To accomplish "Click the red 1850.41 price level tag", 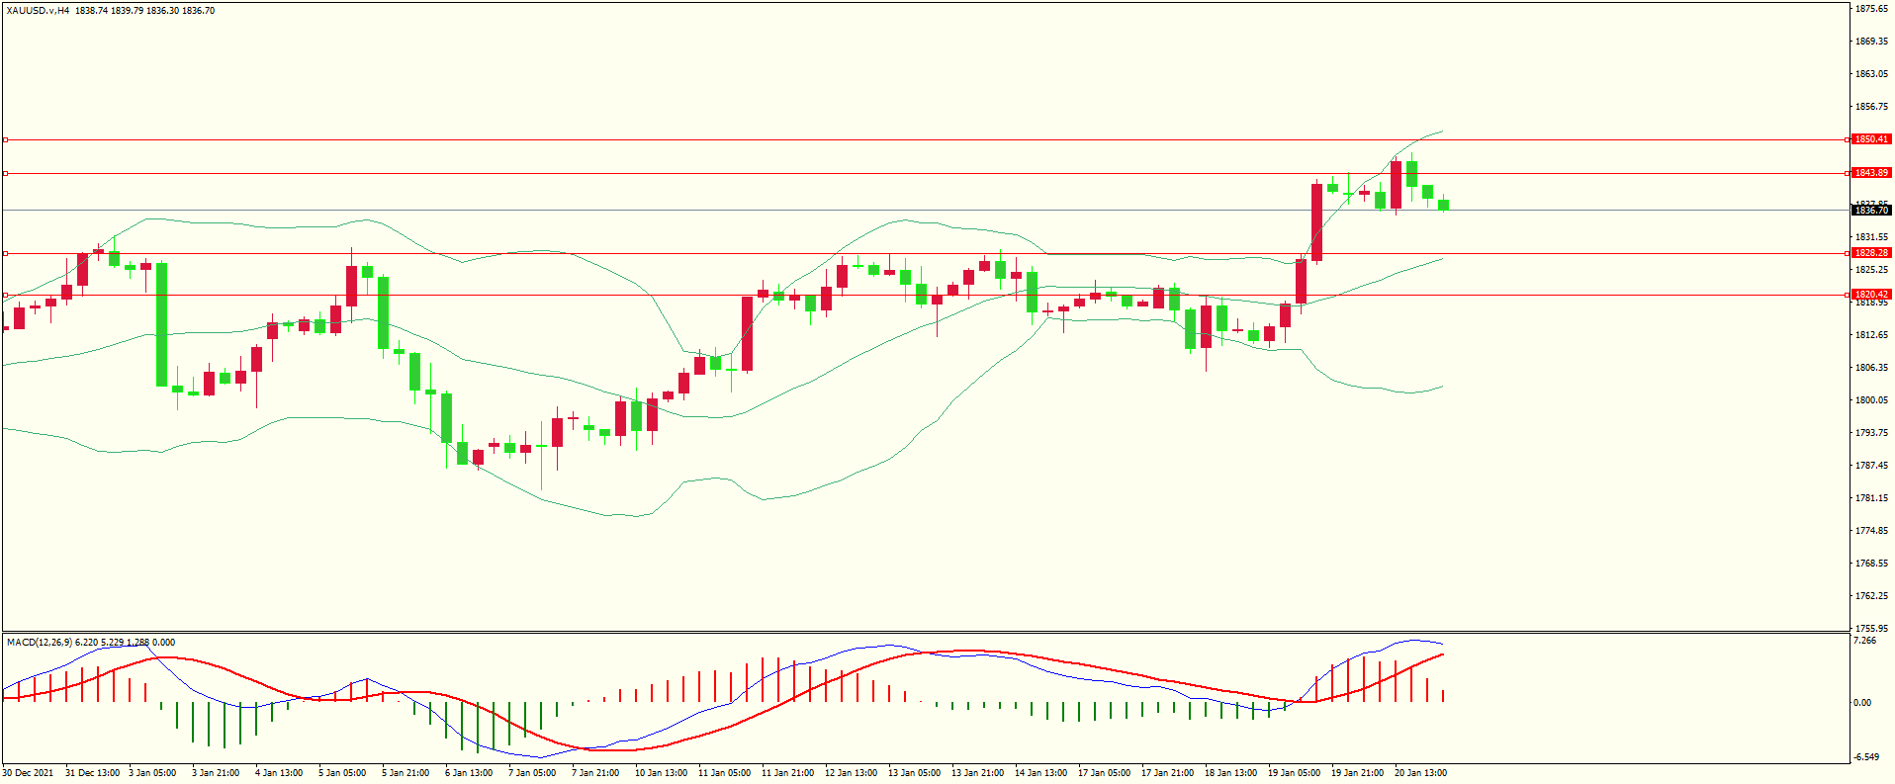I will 1870,139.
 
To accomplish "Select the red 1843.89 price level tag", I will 1870,173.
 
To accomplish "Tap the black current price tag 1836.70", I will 1870,210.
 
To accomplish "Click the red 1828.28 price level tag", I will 1870,253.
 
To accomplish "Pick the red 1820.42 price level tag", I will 1870,295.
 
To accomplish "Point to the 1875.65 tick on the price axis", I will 1871,9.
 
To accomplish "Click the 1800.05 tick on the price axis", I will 1871,400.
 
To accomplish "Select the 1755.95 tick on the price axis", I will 1871,628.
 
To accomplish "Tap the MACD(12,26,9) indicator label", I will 39,643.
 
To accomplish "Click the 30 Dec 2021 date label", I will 29,773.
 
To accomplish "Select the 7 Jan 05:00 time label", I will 531,773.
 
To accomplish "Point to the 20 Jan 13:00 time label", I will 1420,773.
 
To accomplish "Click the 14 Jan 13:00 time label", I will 1040,773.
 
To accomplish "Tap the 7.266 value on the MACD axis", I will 1863,641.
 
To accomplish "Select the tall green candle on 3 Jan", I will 161,324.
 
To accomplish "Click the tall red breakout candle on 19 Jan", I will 1316,221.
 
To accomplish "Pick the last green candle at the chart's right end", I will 1443,206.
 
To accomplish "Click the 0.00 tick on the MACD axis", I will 1861,703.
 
